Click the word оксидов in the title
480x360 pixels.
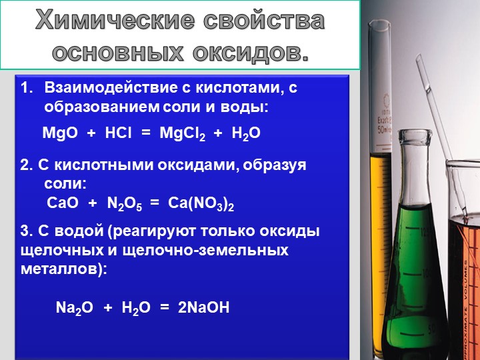pos(251,53)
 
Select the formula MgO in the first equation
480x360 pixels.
pos(60,133)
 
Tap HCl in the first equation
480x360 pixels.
pos(118,133)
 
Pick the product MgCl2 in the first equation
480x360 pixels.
pos(183,134)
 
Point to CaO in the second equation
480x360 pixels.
pos(63,203)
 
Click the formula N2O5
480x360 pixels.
pos(125,203)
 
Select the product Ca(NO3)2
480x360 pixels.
pos(201,204)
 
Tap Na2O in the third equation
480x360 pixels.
pos(75,307)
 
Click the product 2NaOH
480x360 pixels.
pos(203,307)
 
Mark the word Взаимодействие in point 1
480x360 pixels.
pos(111,88)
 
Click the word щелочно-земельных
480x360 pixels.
pos(205,251)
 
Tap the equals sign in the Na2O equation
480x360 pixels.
pos(165,308)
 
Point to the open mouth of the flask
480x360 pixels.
pos(415,134)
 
